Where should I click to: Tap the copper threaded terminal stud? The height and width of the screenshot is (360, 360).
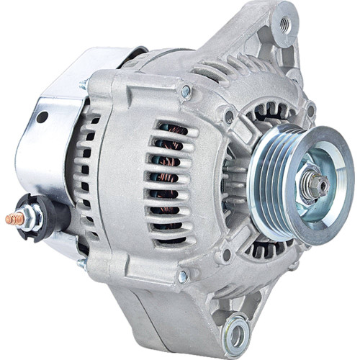tap(14, 217)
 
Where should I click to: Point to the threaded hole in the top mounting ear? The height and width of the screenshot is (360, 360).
tap(287, 24)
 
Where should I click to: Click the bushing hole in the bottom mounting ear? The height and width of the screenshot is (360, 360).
tap(236, 333)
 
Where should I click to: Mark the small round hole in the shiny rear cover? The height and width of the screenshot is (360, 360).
tap(42, 117)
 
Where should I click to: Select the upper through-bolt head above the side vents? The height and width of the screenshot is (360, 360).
tap(186, 91)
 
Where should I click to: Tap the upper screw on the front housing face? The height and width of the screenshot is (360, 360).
tap(229, 116)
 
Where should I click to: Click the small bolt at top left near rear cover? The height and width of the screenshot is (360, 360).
tap(84, 85)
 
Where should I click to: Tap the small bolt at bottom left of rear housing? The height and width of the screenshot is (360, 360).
tap(81, 265)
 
